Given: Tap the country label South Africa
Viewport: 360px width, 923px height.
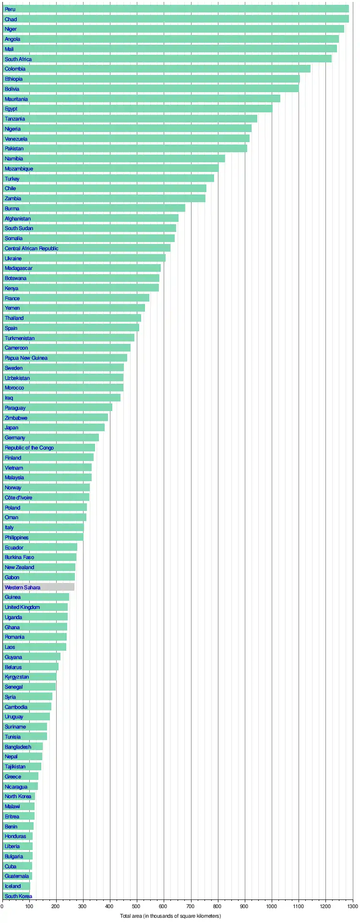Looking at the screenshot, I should click(x=18, y=59).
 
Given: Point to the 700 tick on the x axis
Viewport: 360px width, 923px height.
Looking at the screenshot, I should click(x=191, y=906).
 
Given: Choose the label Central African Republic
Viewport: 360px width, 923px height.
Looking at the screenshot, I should click(x=32, y=248).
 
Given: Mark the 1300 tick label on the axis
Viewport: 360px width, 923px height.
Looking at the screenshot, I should click(x=353, y=906).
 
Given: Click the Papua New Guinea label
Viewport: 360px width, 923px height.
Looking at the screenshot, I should click(x=26, y=358).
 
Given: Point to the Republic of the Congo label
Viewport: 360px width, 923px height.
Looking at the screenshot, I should click(x=29, y=448).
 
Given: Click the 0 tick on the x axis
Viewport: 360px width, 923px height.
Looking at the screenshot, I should click(x=2, y=906).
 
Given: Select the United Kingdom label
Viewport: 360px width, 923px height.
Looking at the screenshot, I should click(x=22, y=607).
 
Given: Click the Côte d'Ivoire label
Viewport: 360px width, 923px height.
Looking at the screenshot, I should click(x=18, y=498).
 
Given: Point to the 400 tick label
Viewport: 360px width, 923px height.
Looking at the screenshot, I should click(x=110, y=906).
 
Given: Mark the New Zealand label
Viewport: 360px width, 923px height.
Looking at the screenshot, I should click(x=19, y=567).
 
